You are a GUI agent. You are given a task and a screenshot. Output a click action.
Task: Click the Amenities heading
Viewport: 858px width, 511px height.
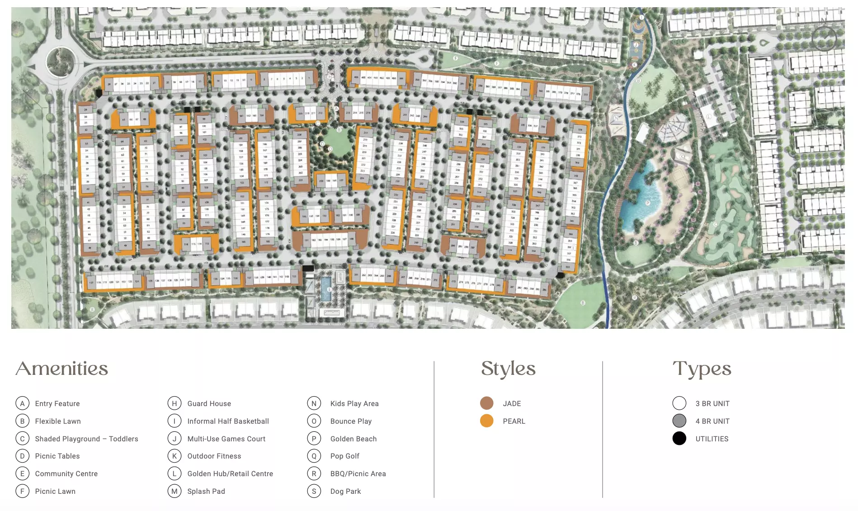(62, 369)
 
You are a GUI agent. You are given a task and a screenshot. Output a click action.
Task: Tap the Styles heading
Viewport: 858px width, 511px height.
(508, 369)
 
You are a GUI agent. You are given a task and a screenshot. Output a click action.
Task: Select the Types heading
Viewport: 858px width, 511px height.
(702, 369)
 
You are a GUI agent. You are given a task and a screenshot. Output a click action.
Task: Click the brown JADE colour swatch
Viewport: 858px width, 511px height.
(486, 403)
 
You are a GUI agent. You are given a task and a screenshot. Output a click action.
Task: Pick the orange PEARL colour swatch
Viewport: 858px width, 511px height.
(486, 421)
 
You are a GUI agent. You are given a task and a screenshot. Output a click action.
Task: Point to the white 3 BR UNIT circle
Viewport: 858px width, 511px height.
(679, 403)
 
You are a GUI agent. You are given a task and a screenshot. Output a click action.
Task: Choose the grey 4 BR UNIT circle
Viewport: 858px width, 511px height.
(679, 421)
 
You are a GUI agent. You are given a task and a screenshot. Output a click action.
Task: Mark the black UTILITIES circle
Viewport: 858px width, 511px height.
(679, 438)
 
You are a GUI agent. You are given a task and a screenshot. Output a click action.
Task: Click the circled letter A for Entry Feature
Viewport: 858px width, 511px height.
(22, 403)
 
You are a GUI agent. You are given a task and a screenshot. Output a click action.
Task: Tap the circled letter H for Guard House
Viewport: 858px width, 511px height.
(174, 403)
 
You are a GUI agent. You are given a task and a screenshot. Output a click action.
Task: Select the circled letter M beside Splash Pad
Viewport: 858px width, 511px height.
(174, 491)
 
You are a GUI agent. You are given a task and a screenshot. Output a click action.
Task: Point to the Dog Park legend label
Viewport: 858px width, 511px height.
(345, 491)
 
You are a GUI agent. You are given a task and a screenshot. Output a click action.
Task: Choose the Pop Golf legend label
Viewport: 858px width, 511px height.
(344, 456)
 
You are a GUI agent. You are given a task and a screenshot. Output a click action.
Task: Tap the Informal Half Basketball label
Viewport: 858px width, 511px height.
(228, 421)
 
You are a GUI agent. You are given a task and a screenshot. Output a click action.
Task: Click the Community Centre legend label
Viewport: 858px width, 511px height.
(66, 473)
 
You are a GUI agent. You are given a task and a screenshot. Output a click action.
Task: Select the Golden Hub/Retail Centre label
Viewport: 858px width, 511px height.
(230, 473)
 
